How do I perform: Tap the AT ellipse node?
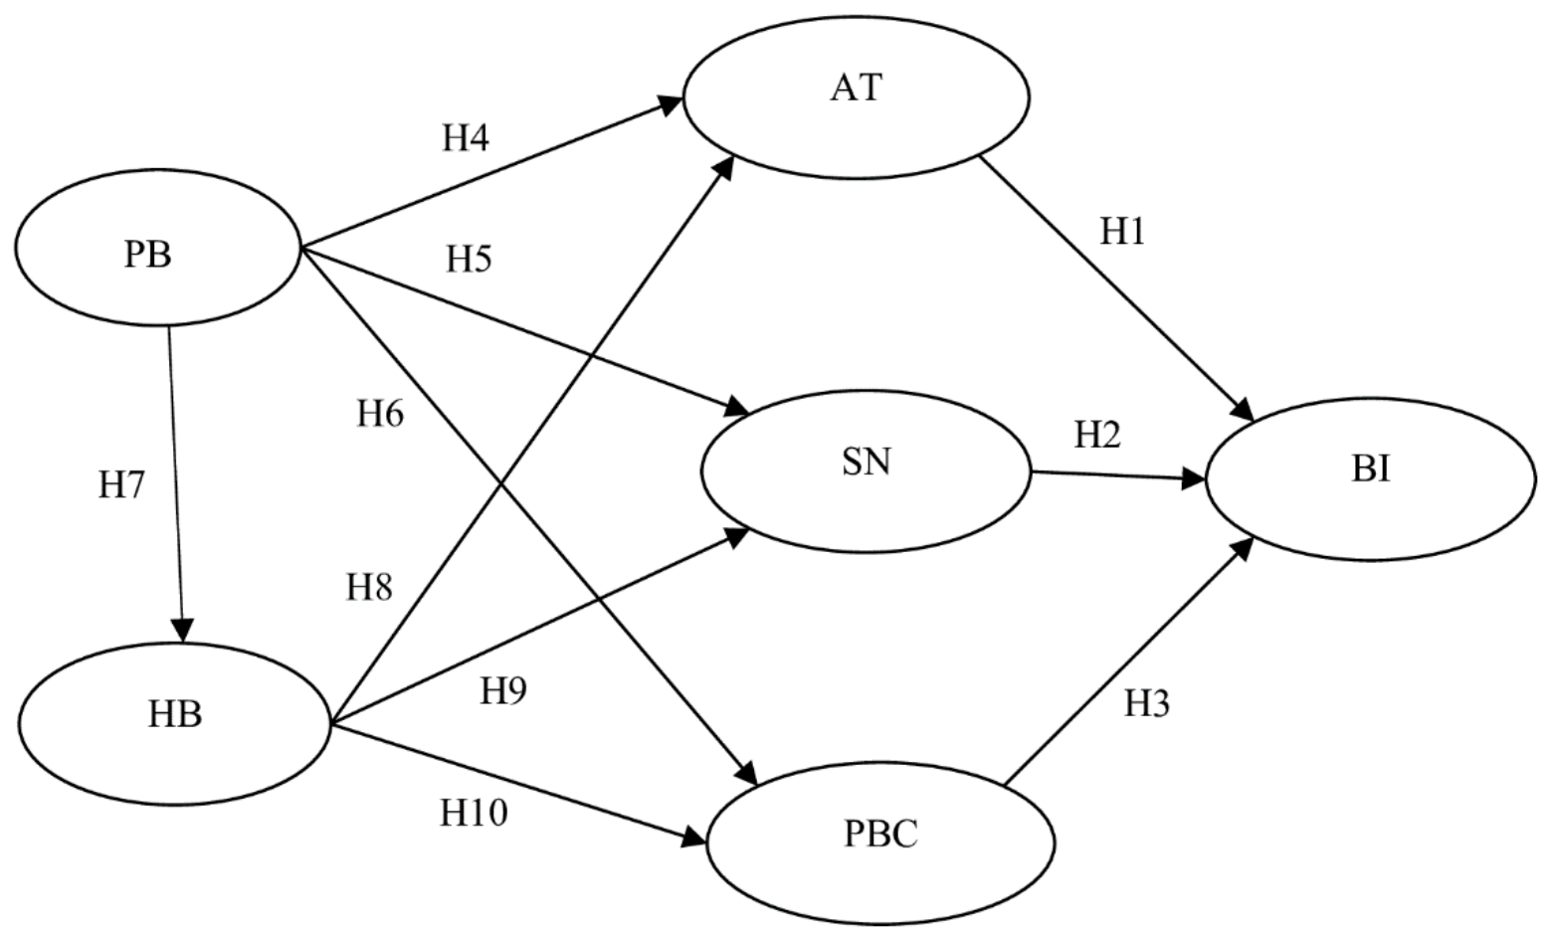click(856, 96)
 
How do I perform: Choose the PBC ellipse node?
click(880, 842)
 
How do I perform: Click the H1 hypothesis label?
click(1122, 232)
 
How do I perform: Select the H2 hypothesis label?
click(1097, 435)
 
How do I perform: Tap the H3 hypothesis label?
click(1147, 704)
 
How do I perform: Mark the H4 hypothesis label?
click(466, 138)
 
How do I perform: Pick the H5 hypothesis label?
click(469, 260)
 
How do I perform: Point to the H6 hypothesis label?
click(380, 414)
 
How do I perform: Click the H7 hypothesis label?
click(121, 485)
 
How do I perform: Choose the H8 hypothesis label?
click(369, 588)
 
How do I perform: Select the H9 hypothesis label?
click(502, 690)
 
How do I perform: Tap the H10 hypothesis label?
click(474, 814)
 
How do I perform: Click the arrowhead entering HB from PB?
click(182, 631)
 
